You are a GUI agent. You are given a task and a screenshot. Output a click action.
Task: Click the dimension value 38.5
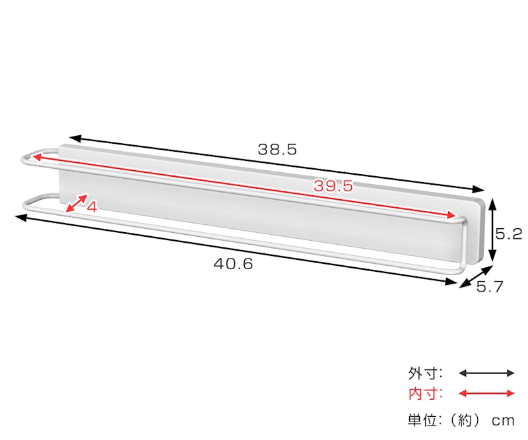[277, 149]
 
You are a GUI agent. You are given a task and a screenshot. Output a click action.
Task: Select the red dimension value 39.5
[333, 185]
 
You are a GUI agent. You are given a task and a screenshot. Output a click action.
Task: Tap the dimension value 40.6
[233, 264]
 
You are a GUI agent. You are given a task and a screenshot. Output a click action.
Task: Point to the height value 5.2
[508, 234]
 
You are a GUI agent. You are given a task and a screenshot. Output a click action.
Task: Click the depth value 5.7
[489, 287]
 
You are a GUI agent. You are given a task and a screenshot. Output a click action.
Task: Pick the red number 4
[92, 207]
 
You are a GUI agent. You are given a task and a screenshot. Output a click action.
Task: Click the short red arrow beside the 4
[77, 203]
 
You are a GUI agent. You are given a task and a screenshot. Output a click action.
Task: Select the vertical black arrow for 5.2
[492, 230]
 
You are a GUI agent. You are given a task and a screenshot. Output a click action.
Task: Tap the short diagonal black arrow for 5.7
[477, 276]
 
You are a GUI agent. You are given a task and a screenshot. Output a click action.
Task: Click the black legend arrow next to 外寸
[486, 373]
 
